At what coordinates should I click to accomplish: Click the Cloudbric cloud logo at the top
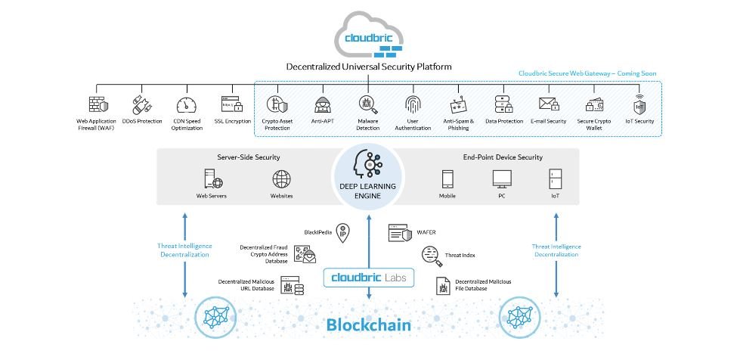(x=369, y=36)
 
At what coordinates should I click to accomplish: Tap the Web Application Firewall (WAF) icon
(x=98, y=104)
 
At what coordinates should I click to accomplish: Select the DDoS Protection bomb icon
(x=141, y=105)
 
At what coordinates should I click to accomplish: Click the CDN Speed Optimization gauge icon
(x=187, y=105)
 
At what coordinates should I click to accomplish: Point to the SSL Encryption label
(x=232, y=121)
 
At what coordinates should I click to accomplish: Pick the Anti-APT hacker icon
(x=323, y=104)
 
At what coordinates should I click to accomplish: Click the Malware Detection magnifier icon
(x=368, y=104)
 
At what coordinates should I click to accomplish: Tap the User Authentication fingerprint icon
(x=413, y=104)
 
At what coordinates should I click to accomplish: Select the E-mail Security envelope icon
(x=549, y=104)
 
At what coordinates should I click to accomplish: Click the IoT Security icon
(x=639, y=104)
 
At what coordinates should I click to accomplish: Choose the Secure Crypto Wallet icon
(x=594, y=105)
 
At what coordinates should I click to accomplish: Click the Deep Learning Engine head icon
(x=367, y=164)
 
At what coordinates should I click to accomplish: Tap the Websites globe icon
(x=281, y=179)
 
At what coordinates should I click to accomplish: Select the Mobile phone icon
(x=447, y=179)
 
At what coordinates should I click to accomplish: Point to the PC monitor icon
(x=502, y=179)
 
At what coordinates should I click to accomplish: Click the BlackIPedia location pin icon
(x=342, y=233)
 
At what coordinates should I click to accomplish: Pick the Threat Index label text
(x=460, y=255)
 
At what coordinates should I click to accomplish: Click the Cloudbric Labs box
(x=369, y=278)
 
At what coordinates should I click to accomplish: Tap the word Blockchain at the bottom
(x=369, y=324)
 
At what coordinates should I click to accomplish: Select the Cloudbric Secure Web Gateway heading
(x=587, y=73)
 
